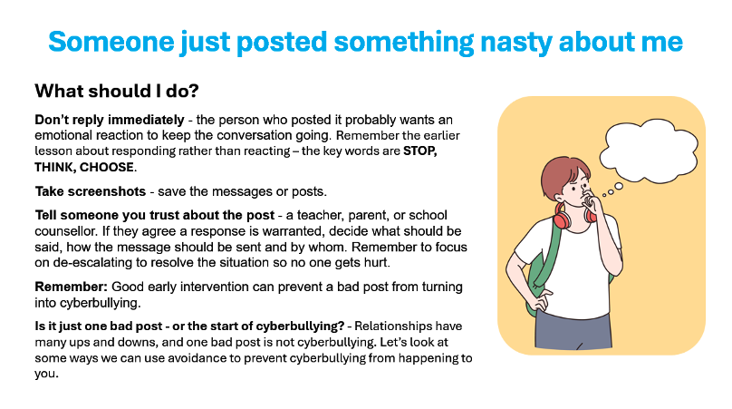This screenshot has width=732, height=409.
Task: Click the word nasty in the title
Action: [x=515, y=42]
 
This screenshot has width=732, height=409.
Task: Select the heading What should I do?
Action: [x=117, y=91]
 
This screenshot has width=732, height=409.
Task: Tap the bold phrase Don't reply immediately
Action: [x=110, y=120]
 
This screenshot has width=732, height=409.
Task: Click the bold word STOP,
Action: [x=420, y=151]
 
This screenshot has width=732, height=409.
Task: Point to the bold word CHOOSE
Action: [x=106, y=168]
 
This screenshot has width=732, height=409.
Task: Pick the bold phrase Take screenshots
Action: [x=91, y=191]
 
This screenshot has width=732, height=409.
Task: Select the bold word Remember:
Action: [x=72, y=287]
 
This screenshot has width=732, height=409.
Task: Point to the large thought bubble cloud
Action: [x=649, y=151]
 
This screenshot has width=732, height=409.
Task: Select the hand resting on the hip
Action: [x=540, y=298]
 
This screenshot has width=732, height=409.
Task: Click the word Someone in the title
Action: [x=111, y=42]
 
